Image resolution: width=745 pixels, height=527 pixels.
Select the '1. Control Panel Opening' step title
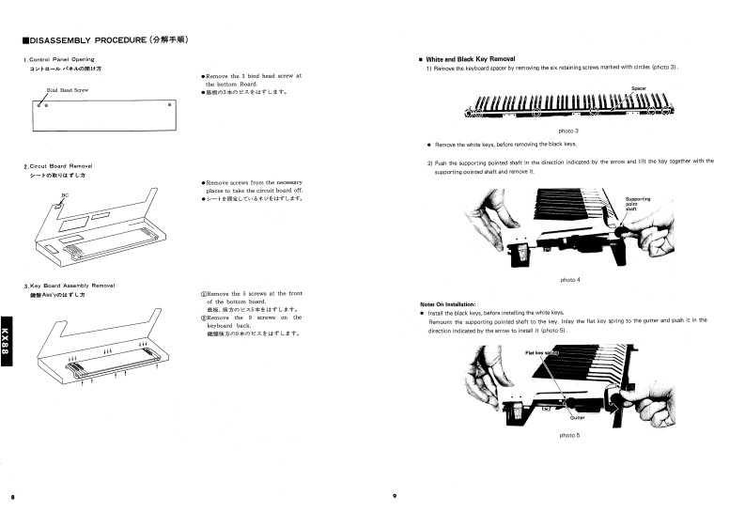click(x=59, y=60)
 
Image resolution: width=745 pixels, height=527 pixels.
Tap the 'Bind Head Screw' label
click(x=68, y=90)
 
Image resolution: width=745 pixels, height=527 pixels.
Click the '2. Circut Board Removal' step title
click(x=58, y=166)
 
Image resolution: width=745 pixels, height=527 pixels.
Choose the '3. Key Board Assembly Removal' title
click(x=70, y=286)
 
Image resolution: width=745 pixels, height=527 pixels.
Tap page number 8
click(x=12, y=496)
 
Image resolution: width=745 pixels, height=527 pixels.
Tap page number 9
click(x=396, y=496)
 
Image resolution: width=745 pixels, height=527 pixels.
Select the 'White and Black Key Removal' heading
click(x=470, y=59)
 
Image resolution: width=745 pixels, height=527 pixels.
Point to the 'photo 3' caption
click(x=568, y=130)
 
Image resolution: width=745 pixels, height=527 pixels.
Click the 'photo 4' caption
click(x=570, y=280)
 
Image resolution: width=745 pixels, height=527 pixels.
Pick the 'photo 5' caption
click(x=569, y=436)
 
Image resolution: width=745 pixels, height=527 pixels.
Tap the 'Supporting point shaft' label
click(x=638, y=204)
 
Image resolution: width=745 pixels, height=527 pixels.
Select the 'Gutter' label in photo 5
click(x=577, y=417)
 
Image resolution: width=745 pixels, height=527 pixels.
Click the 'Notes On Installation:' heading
click(x=454, y=303)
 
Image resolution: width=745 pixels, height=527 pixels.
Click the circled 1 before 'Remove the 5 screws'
click(x=204, y=294)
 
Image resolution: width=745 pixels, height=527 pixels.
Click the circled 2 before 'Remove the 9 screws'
click(x=204, y=318)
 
